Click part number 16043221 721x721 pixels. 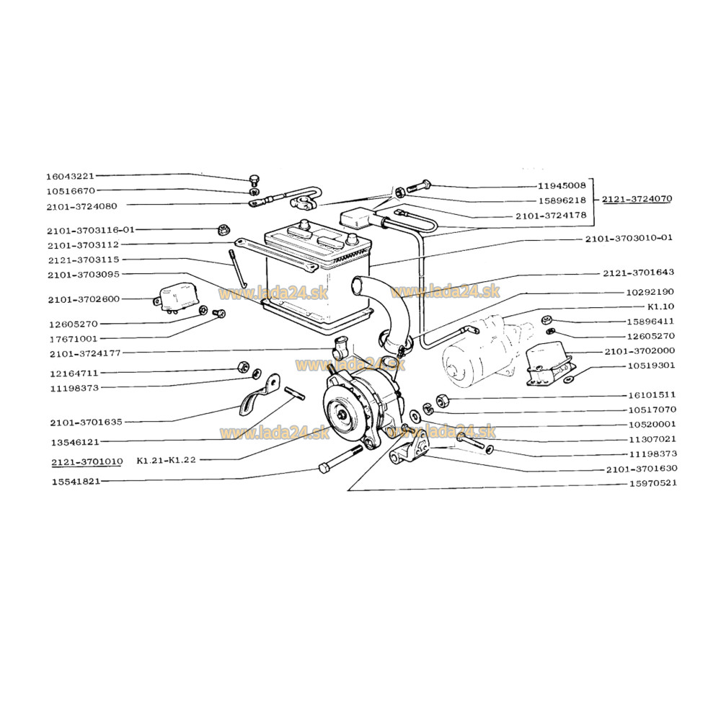click(x=70, y=176)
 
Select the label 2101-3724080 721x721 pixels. click(x=82, y=206)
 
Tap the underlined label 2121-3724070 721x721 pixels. click(x=637, y=199)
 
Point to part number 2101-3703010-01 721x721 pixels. click(x=629, y=238)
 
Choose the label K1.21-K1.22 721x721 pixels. click(x=166, y=460)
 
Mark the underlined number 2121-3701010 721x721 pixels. click(x=87, y=461)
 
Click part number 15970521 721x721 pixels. click(x=653, y=483)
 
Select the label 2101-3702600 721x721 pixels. click(x=84, y=299)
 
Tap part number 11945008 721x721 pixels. click(x=562, y=186)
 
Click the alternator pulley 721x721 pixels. click(x=343, y=413)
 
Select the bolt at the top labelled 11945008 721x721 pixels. click(x=418, y=187)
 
